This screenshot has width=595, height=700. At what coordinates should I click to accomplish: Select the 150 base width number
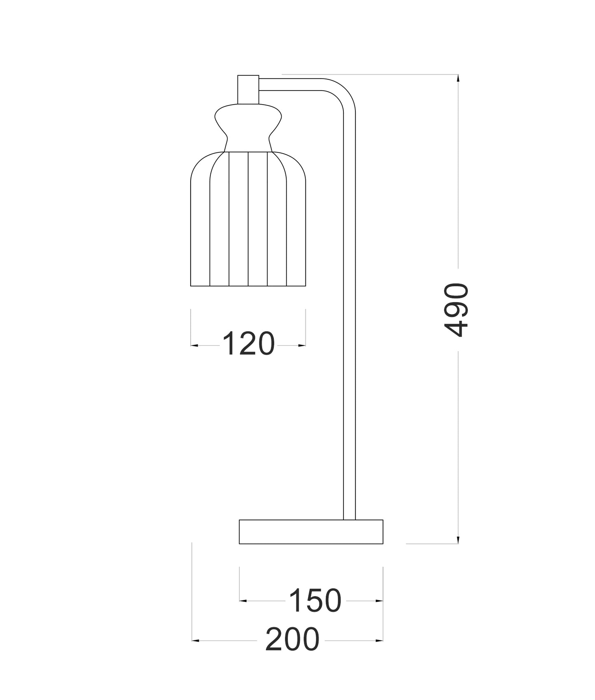click(315, 600)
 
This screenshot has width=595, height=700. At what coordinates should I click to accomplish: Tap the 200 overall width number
click(292, 640)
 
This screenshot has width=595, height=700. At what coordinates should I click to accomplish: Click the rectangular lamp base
click(311, 532)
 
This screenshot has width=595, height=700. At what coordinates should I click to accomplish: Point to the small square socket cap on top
click(248, 89)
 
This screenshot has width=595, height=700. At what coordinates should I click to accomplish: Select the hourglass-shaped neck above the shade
click(248, 128)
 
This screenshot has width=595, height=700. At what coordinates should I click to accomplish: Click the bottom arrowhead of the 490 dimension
click(458, 540)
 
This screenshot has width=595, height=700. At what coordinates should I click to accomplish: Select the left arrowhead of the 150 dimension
click(243, 601)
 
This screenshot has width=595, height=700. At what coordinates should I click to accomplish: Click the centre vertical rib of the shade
click(248, 218)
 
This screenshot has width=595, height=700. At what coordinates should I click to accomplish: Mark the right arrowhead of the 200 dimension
click(379, 641)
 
